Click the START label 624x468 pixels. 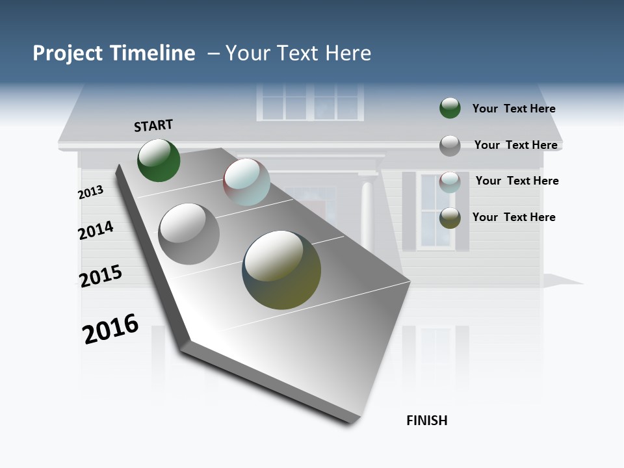tap(153, 125)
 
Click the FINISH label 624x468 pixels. tap(427, 421)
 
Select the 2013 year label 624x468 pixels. tap(90, 192)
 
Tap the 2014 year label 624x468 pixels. tap(96, 231)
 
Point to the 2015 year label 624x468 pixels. tap(101, 276)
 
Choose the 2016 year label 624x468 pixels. tap(110, 328)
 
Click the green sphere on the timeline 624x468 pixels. tap(159, 160)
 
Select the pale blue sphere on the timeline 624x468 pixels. tap(246, 182)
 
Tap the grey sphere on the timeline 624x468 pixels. tap(189, 234)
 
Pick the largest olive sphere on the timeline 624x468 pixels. tap(281, 270)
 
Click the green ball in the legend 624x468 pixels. tap(450, 108)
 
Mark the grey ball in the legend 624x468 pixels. tap(450, 146)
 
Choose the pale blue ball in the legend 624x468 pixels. tap(450, 182)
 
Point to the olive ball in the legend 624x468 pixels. tap(450, 218)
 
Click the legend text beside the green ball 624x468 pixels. tap(513, 109)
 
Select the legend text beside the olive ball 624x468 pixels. tap(513, 217)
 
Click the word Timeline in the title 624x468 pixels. tap(153, 53)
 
